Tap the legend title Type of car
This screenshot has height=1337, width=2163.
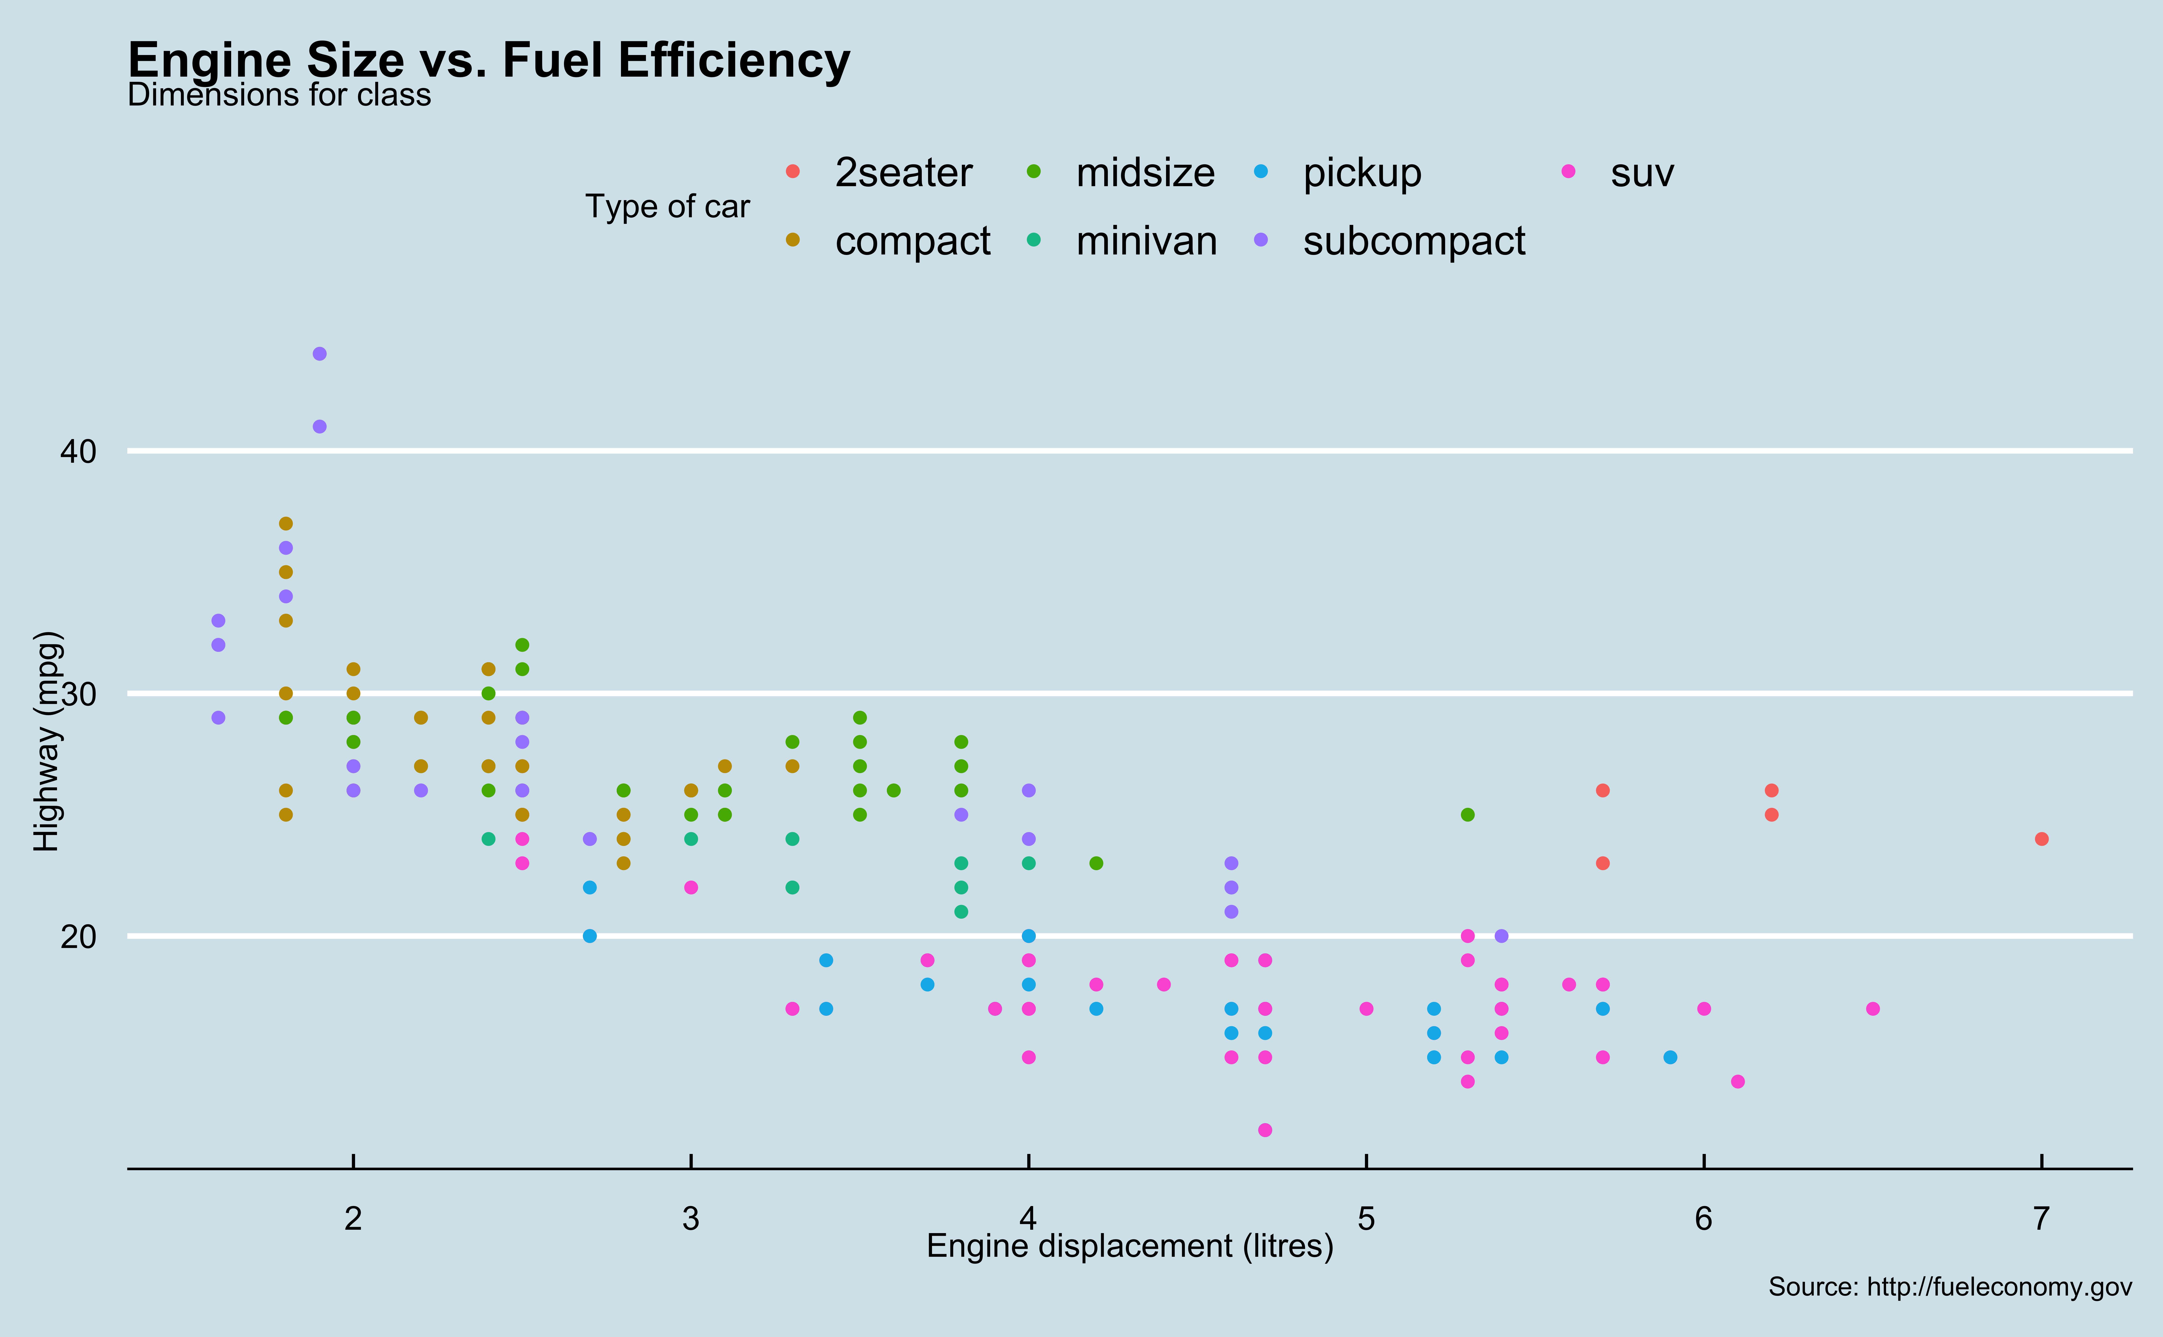tap(667, 207)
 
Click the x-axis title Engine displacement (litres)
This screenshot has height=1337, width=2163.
tap(1130, 1246)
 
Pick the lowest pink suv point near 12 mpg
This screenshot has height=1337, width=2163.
tap(1265, 1130)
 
